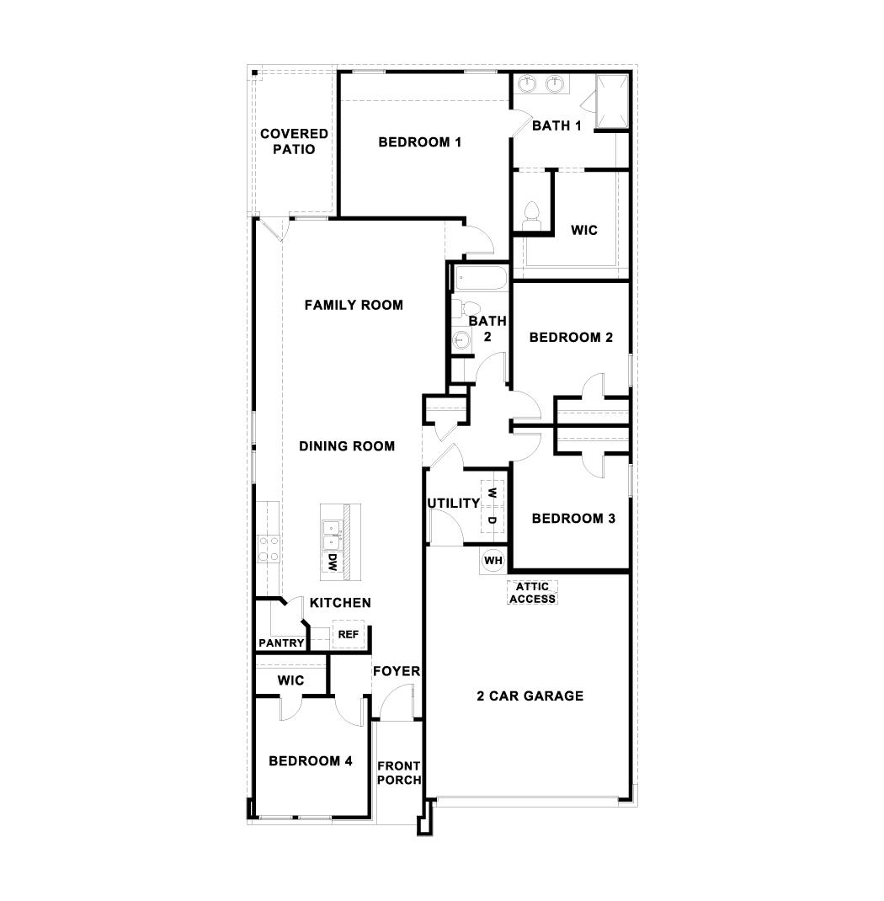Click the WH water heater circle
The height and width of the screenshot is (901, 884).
click(x=493, y=560)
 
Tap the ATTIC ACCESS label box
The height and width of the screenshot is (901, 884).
click(x=533, y=593)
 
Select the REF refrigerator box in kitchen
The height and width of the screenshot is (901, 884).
click(x=348, y=634)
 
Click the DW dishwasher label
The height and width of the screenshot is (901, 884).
click(x=333, y=563)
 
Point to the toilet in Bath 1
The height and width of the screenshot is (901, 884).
click(x=531, y=216)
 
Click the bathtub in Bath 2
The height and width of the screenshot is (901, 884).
click(x=479, y=277)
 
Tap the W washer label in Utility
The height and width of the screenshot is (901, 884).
click(x=493, y=493)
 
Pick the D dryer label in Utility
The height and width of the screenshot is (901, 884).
click(x=493, y=520)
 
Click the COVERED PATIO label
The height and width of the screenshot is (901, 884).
click(x=294, y=141)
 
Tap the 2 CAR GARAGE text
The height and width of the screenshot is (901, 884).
click(x=530, y=696)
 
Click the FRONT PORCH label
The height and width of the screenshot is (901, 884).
click(x=398, y=773)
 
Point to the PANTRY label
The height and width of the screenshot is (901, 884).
click(x=281, y=643)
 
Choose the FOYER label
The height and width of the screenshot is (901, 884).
click(x=397, y=671)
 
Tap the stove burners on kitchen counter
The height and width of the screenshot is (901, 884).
click(x=268, y=548)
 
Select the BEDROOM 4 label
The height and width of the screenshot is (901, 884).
click(x=310, y=761)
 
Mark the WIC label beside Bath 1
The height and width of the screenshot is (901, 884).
click(x=584, y=229)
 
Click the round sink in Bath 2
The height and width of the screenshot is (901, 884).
click(x=461, y=339)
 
